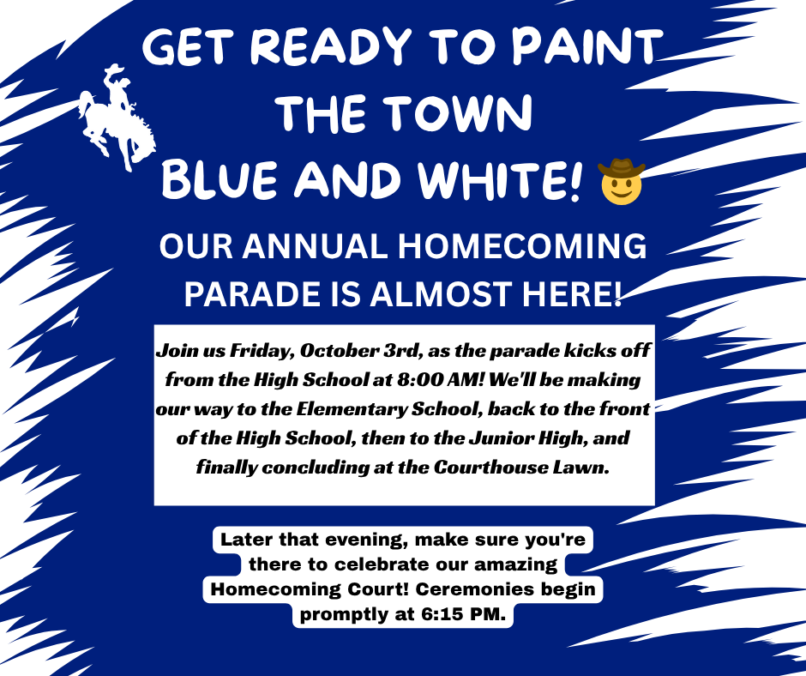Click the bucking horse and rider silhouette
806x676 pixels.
point(117,118)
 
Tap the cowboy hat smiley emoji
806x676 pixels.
point(621,182)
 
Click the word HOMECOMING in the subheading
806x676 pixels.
point(522,246)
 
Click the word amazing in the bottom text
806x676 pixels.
point(515,564)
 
